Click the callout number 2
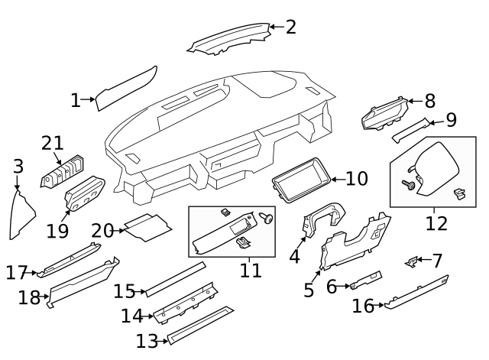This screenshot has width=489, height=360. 290,28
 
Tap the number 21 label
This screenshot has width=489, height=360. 53,142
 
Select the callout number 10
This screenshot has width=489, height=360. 356,179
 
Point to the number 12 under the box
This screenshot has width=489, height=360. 436,223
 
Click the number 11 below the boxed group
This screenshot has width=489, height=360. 251,270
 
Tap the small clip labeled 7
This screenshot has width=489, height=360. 411,262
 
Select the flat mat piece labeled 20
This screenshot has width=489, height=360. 147,226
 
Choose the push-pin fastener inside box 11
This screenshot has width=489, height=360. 267,218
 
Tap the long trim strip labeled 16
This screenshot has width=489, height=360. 416,292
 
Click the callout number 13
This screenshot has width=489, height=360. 147,340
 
